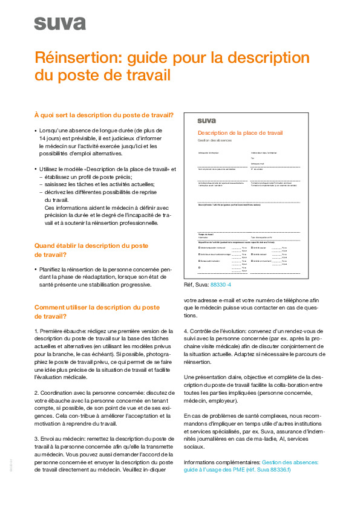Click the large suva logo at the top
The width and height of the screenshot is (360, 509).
pos(59,24)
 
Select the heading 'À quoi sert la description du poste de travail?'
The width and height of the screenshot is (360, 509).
pos(103,115)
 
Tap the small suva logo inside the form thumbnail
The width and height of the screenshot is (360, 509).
pos(206,120)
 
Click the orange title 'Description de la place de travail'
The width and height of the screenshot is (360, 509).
pos(240,132)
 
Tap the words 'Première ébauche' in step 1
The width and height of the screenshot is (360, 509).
pos(63,331)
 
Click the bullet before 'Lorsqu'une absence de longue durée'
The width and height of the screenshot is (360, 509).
pos(36,130)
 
